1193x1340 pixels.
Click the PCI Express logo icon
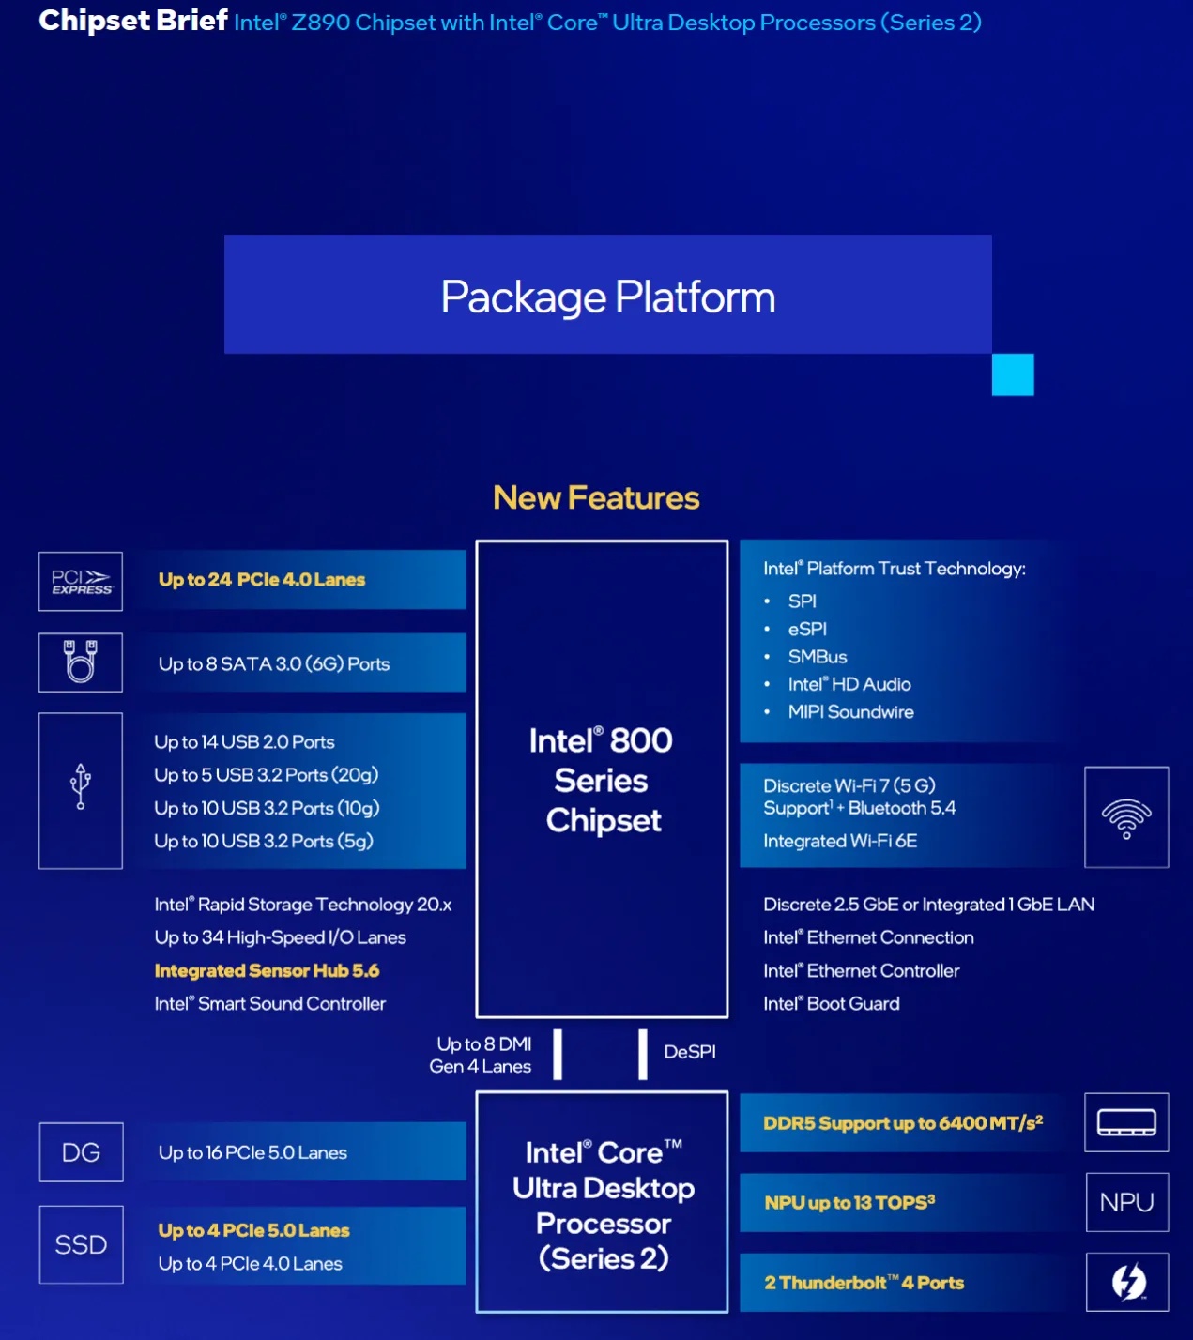click(x=81, y=582)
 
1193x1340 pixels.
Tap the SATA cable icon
click(x=81, y=662)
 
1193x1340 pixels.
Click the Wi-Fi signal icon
click(x=1126, y=817)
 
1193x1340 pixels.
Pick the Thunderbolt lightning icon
click(x=1127, y=1282)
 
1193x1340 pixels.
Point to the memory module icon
click(x=1126, y=1122)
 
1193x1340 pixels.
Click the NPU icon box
click(x=1126, y=1202)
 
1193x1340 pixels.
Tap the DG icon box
click(x=81, y=1152)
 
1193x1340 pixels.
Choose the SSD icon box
click(x=81, y=1244)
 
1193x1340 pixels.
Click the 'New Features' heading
click(x=596, y=497)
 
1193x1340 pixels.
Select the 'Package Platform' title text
click(x=608, y=297)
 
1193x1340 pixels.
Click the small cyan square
click(x=1013, y=374)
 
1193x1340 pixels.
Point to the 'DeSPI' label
click(x=690, y=1052)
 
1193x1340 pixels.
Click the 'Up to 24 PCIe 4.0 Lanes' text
click(x=262, y=580)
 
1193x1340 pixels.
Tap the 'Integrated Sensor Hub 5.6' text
click(x=267, y=970)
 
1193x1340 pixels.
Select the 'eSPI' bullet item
click(x=807, y=629)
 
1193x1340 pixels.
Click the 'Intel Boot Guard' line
click(x=831, y=1004)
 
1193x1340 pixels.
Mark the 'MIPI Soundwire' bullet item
click(x=850, y=712)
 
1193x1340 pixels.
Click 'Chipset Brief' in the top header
click(x=133, y=21)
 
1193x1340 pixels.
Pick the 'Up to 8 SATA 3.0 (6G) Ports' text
click(x=274, y=664)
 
